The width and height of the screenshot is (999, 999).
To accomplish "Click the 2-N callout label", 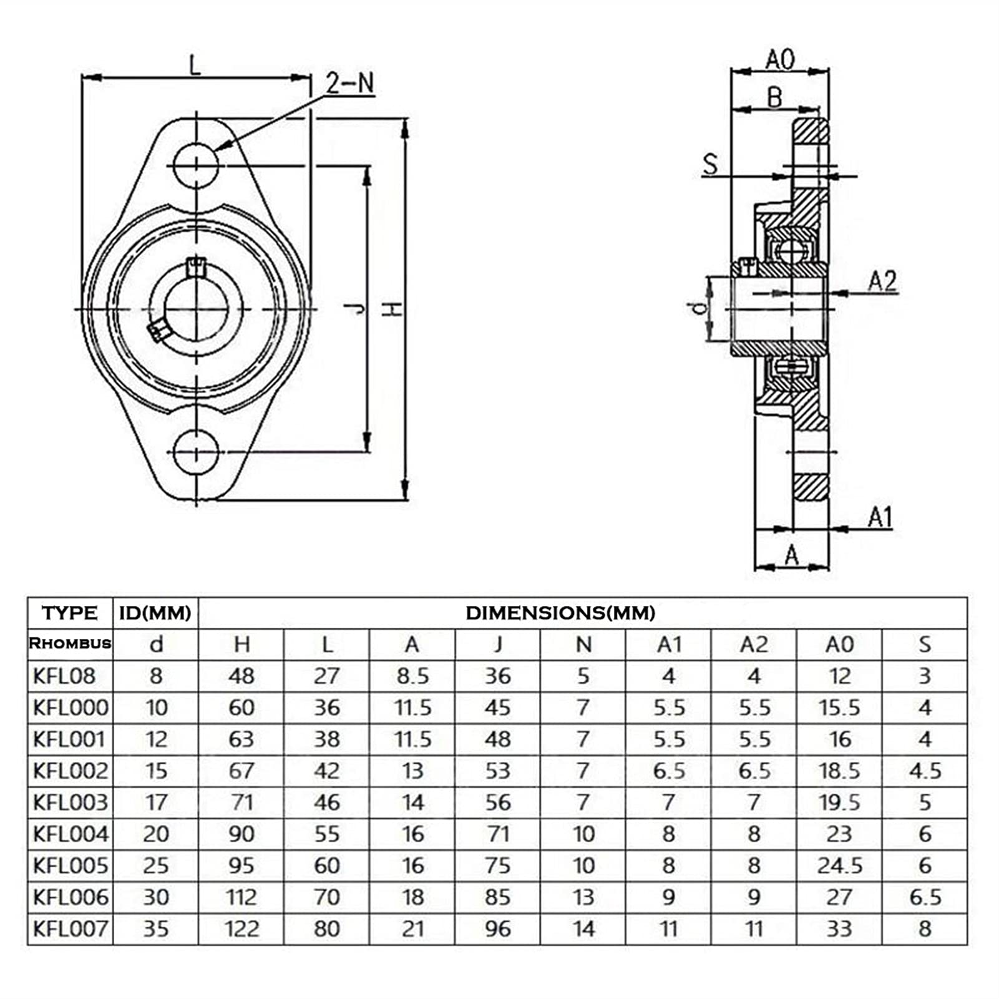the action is tap(351, 83).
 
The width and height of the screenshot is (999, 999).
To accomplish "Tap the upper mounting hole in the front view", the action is tap(196, 165).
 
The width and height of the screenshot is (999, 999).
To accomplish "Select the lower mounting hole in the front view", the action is tap(196, 452).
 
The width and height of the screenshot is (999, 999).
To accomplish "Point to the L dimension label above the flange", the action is tap(196, 64).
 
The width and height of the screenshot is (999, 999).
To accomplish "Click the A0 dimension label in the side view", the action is tap(780, 60).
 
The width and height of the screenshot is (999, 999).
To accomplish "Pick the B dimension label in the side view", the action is tap(774, 97).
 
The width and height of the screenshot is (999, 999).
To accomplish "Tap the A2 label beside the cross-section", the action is tap(882, 281).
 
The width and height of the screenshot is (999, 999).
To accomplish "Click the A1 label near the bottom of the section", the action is tap(880, 517).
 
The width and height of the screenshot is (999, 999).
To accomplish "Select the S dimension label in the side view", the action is tap(710, 164).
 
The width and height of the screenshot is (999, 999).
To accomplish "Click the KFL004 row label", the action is tap(71, 834).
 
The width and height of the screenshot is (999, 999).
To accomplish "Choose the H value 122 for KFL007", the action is tap(241, 928).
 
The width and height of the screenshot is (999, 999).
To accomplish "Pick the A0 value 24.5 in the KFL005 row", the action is tap(840, 865).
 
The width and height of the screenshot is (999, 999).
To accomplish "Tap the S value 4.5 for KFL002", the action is tap(925, 771).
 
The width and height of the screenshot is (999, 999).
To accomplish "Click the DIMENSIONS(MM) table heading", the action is tap(560, 613).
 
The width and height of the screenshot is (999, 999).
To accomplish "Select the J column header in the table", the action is tap(498, 644).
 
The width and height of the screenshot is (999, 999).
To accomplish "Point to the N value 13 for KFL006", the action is tap(583, 897).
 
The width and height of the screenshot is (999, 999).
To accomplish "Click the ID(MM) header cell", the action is tap(155, 613).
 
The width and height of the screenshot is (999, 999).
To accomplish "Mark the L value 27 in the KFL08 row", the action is tap(327, 676).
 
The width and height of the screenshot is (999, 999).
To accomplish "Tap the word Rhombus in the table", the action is tap(70, 643).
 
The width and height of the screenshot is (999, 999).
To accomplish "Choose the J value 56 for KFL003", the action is tap(498, 802).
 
